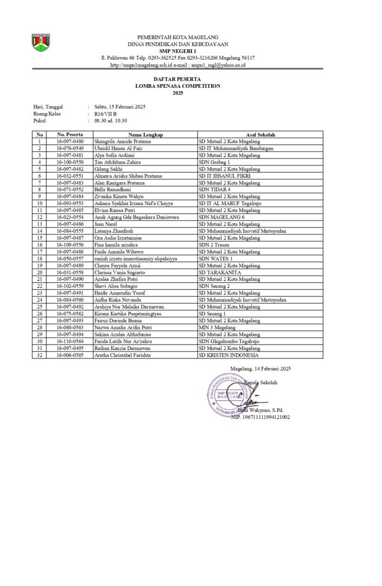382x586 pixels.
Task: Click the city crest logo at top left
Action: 41,43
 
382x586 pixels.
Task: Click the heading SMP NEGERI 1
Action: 177,50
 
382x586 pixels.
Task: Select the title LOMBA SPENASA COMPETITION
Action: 177,86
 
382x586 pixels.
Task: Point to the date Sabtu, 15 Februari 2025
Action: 119,107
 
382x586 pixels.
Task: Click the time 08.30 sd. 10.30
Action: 110,121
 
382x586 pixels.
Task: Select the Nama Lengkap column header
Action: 145,134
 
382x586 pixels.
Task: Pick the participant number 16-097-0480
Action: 70,141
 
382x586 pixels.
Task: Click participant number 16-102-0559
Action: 70,286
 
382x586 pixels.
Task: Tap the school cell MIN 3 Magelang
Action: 217,327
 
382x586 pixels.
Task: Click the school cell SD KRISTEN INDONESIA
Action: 228,355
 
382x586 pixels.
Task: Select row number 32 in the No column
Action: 39,355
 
